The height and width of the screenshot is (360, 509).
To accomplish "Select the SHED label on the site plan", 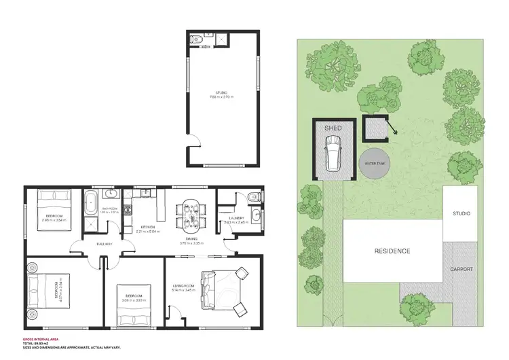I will pyautogui.click(x=333, y=128).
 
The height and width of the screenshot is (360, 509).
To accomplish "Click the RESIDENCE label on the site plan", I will pyautogui.click(x=392, y=251).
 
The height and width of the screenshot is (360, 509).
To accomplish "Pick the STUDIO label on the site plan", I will pyautogui.click(x=461, y=214).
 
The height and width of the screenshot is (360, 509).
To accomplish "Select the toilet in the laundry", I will pyautogui.click(x=252, y=197).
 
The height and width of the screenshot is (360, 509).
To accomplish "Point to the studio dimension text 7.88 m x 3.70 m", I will pyautogui.click(x=222, y=98).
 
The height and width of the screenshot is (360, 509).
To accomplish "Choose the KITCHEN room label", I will pyautogui.click(x=149, y=227).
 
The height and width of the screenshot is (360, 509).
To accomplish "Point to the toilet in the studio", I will pyautogui.click(x=195, y=39).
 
